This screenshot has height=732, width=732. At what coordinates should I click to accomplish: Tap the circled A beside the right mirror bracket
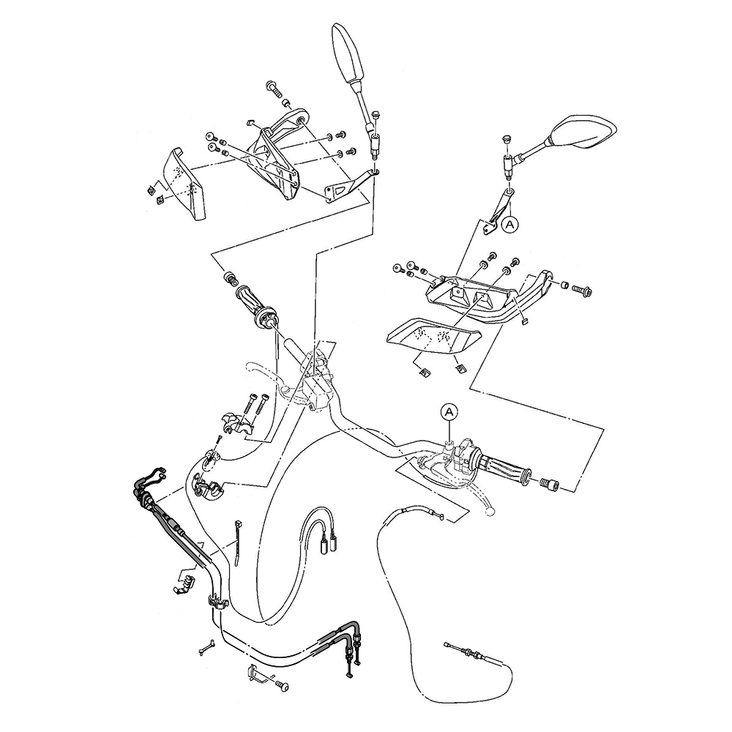pyautogui.click(x=509, y=225)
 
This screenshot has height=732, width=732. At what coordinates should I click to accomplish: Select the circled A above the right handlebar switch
pyautogui.click(x=449, y=412)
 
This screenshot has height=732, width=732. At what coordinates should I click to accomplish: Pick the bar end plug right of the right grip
pyautogui.click(x=548, y=484)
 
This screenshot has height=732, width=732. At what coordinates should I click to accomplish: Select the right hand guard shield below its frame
pyautogui.click(x=433, y=333)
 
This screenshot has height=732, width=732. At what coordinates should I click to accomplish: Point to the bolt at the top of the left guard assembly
pyautogui.click(x=274, y=88)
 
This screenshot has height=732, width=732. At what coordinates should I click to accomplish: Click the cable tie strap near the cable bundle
pyautogui.click(x=238, y=542)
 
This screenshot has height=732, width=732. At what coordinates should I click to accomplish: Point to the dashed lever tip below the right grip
pyautogui.click(x=489, y=512)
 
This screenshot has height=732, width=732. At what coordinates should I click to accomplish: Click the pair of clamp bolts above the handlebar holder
pyautogui.click(x=258, y=403)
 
